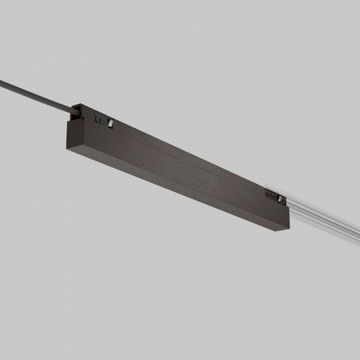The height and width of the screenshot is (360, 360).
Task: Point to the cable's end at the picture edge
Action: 2,79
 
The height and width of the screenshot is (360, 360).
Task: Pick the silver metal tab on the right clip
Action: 281,197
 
